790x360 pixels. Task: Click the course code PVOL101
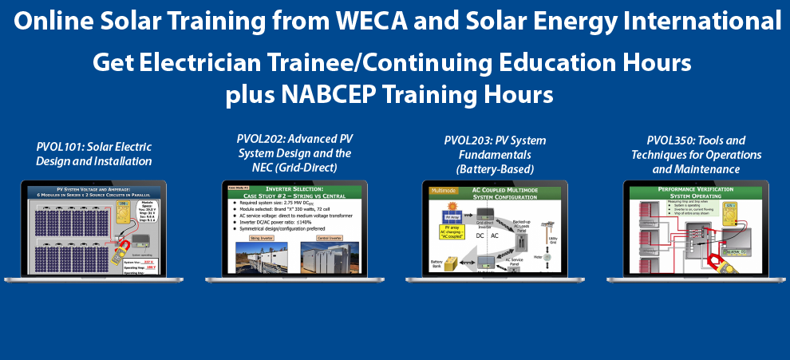(x=62, y=147)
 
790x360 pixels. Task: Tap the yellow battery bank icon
(x=452, y=263)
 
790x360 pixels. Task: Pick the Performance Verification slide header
(x=690, y=192)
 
